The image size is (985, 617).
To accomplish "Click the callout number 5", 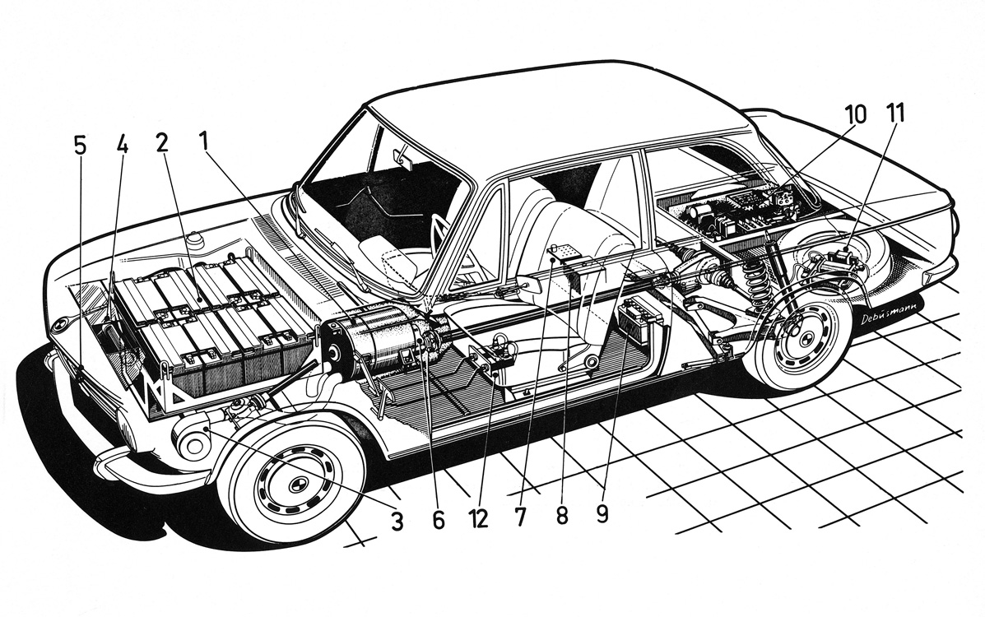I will (79, 146).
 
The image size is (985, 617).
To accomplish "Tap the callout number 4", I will (122, 146).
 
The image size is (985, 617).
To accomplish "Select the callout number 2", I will (161, 142).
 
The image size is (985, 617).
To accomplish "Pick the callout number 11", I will (895, 114).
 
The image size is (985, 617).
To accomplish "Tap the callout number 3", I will (397, 521).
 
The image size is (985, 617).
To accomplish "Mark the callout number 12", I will (478, 520).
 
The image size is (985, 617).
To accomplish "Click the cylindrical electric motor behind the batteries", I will (374, 343).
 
